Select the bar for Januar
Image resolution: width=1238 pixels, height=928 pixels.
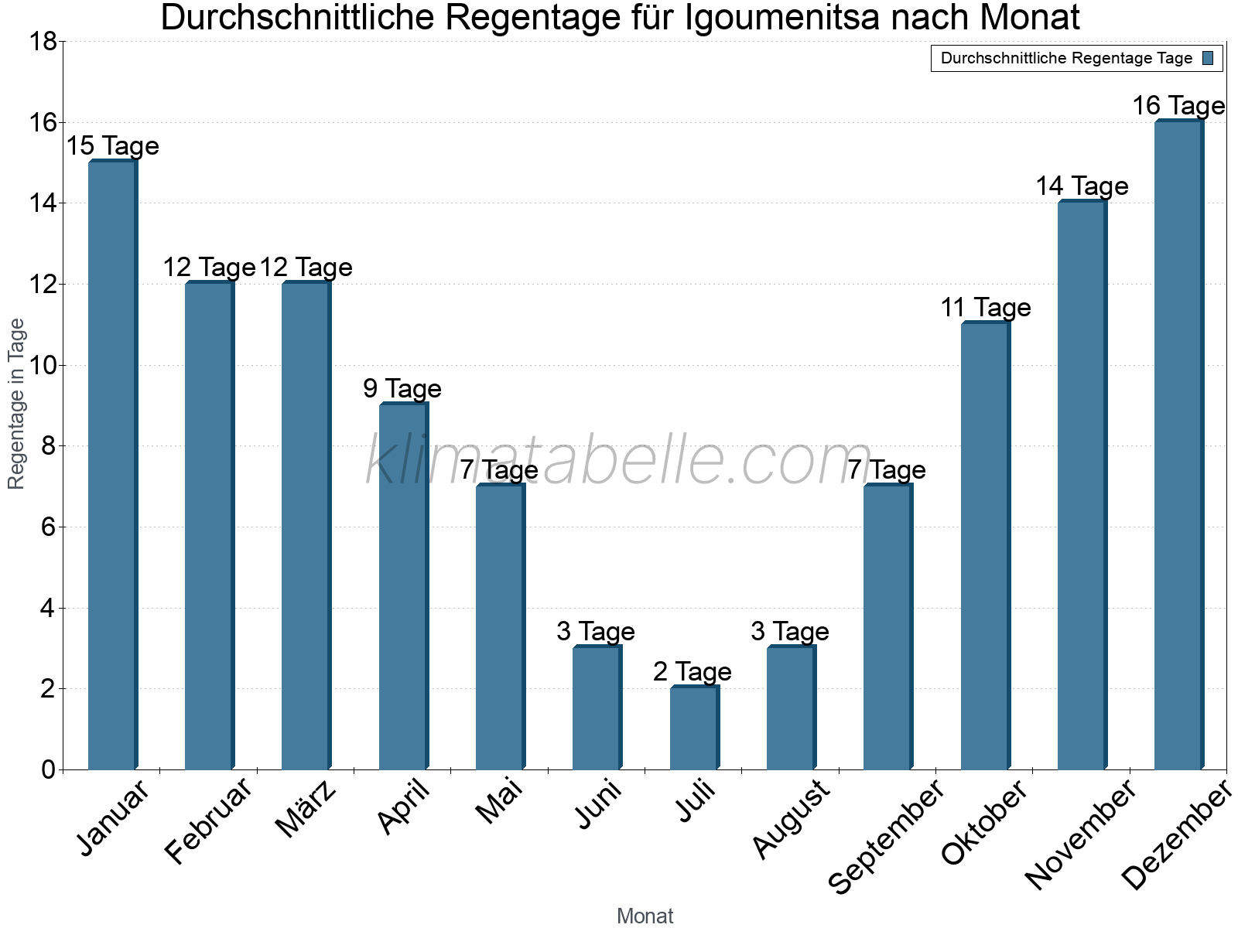click(x=113, y=464)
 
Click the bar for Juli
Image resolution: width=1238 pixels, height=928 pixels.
click(x=694, y=727)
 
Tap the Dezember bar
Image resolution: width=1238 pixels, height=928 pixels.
click(x=1178, y=445)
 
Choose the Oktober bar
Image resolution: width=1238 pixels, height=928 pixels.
click(x=985, y=545)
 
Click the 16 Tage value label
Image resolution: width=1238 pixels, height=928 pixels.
click(x=1178, y=106)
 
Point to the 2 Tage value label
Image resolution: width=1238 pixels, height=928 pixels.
click(x=692, y=671)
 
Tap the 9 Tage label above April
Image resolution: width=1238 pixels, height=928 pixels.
click(x=402, y=388)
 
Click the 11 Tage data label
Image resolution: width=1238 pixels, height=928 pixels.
click(x=985, y=308)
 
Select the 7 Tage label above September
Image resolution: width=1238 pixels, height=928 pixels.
click(x=886, y=469)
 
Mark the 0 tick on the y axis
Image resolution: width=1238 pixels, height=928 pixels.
click(x=48, y=769)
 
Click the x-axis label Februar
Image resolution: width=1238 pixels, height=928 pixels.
click(x=210, y=821)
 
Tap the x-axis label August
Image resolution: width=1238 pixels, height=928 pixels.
click(x=791, y=820)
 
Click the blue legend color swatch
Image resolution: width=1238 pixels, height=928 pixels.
click(x=1208, y=58)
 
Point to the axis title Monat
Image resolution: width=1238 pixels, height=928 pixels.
click(x=645, y=916)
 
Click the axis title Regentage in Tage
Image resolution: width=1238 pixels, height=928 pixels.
click(x=17, y=404)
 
